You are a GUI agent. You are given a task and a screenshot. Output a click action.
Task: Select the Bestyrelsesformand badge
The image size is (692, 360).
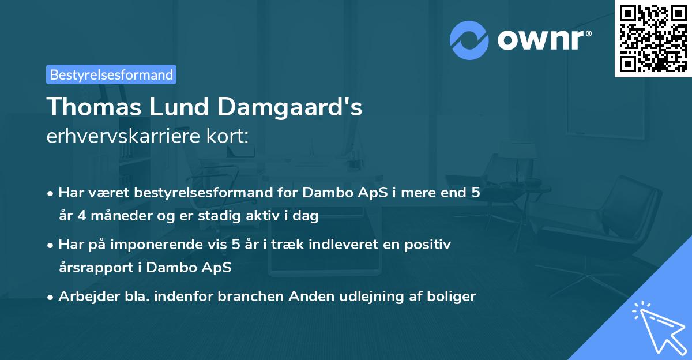tap(111, 74)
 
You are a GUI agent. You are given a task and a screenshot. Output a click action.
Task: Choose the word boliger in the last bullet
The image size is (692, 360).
tap(454, 297)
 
